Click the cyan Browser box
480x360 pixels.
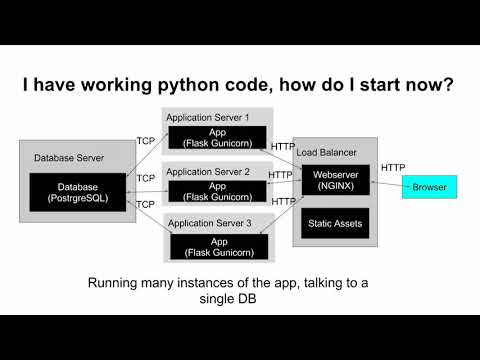430,187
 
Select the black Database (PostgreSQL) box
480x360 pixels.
76,192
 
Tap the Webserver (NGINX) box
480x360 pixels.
335,180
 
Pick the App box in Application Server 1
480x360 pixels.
217,137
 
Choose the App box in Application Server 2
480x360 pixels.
217,191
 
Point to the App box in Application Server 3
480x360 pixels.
217,246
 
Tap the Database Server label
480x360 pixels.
69,157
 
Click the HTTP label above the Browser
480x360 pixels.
393,168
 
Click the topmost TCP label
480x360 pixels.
145,140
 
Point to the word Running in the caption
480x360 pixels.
117,284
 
